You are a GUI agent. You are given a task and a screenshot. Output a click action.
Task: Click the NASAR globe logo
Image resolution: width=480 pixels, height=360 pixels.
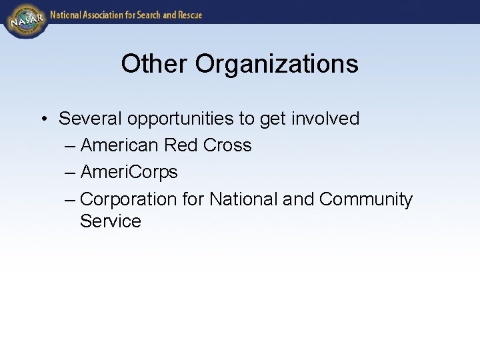point(25,21)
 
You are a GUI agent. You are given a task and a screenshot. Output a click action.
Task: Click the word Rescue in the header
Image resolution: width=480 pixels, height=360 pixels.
point(187,15)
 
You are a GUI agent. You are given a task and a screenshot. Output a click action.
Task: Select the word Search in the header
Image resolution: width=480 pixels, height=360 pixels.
point(145,15)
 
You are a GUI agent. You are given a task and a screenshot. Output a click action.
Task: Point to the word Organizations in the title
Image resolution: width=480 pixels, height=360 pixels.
point(277,64)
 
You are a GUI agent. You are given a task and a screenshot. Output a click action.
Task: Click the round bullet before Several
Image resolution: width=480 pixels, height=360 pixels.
point(42,119)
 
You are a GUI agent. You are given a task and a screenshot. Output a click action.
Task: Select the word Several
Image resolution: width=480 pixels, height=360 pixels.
point(91,119)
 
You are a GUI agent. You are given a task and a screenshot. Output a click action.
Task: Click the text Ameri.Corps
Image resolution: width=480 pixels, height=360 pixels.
point(129,172)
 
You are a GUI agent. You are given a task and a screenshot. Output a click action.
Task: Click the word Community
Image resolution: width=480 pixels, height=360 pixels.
point(366,199)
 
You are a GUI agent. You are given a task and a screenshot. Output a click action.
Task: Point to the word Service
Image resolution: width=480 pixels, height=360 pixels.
point(111,221)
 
